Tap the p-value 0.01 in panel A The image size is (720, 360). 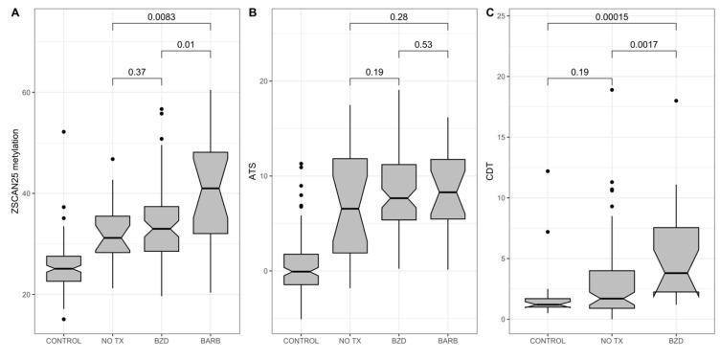click(185, 44)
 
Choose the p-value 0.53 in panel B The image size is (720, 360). click(422, 44)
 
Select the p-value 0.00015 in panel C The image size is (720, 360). click(612, 17)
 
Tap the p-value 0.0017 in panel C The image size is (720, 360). click(643, 44)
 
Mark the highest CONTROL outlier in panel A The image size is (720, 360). click(64, 131)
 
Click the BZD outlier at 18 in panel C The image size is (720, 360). click(676, 101)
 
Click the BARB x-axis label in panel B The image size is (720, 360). click(446, 339)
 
